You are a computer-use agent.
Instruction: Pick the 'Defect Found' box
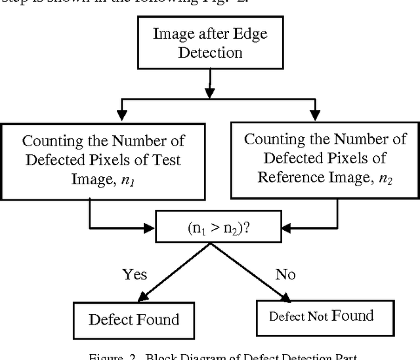pyautogui.click(x=133, y=319)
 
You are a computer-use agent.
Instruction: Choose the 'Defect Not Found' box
pyautogui.click(x=322, y=317)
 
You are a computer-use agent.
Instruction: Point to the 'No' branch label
pyautogui.click(x=285, y=274)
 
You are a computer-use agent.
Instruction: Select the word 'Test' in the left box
pyautogui.click(x=165, y=159)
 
